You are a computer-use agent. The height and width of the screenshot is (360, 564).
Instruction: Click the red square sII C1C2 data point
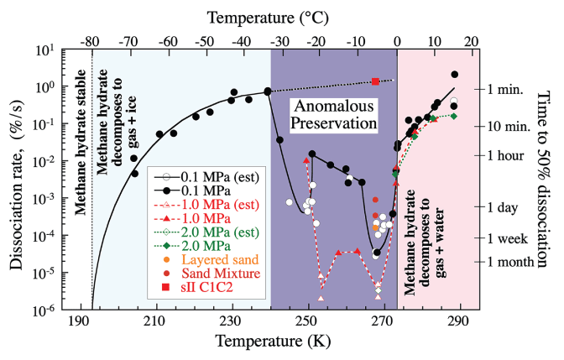[x=376, y=81]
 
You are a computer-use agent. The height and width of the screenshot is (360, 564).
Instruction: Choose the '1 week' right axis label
[x=511, y=238]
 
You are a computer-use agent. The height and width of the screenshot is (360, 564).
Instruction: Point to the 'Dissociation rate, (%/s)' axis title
[x=17, y=180]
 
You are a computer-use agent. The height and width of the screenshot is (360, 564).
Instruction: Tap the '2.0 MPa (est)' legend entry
[x=221, y=232]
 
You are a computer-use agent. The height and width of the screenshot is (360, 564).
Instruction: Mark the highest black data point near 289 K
[x=454, y=74]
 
